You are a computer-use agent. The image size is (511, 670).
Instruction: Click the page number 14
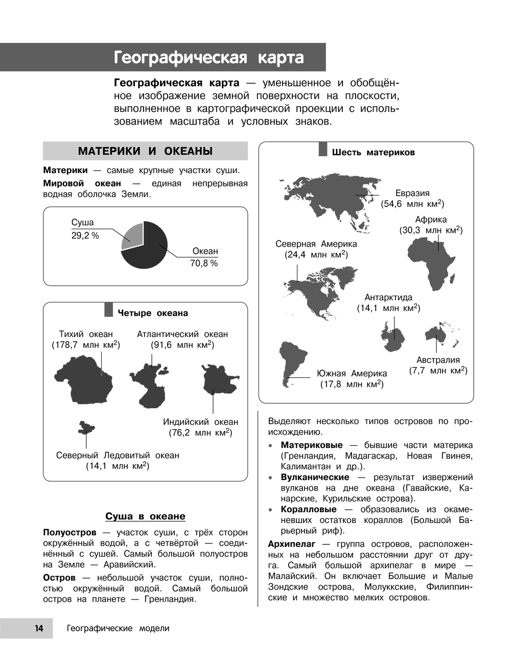pyautogui.click(x=39, y=628)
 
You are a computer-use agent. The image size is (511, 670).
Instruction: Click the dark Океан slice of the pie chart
pyautogui.click(x=148, y=253)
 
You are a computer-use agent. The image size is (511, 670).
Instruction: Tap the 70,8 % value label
pyautogui.click(x=204, y=264)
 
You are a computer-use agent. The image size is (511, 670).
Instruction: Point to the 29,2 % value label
pyautogui.click(x=85, y=236)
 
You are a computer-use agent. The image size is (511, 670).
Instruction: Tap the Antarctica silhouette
pyautogui.click(x=393, y=338)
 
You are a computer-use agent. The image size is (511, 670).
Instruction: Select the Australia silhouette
pyautogui.click(x=437, y=334)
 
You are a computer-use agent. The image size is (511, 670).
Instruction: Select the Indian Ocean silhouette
pyautogui.click(x=219, y=380)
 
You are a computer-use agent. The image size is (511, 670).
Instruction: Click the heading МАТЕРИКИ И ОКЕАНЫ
pyautogui.click(x=145, y=151)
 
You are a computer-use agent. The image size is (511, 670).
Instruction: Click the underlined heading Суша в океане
pyautogui.click(x=145, y=516)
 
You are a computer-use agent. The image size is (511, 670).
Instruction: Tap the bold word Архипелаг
pyautogui.click(x=292, y=544)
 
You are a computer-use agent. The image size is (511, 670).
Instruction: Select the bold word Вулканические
pyautogui.click(x=315, y=477)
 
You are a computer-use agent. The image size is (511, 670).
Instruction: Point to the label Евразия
pyautogui.click(x=412, y=193)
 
